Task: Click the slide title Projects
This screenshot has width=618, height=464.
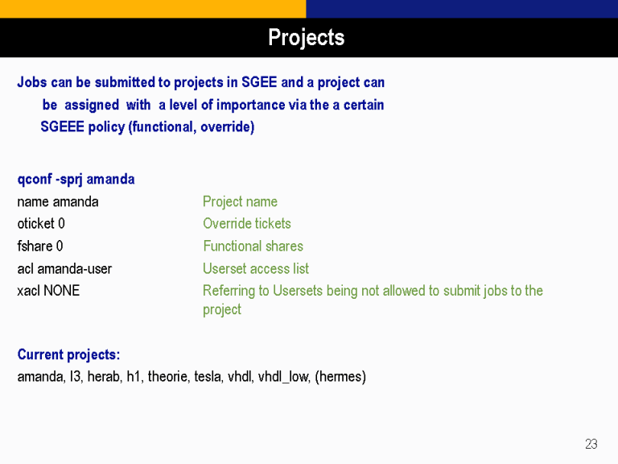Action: click(307, 38)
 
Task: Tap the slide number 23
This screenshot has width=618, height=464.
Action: click(591, 444)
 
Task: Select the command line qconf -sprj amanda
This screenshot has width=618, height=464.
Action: click(76, 180)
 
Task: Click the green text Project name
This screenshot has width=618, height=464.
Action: click(240, 201)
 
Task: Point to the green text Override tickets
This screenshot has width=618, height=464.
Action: click(247, 224)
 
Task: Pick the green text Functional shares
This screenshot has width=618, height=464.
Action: click(253, 246)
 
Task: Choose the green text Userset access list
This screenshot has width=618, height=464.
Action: click(256, 269)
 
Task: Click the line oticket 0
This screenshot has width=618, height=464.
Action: click(41, 224)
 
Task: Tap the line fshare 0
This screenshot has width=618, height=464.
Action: click(40, 246)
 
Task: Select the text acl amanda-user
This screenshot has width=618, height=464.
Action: click(64, 269)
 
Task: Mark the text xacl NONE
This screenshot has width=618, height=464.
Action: click(48, 291)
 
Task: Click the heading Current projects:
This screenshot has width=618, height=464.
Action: click(68, 354)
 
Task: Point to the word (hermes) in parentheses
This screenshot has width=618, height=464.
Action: click(340, 377)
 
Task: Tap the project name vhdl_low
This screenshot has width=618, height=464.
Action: click(283, 377)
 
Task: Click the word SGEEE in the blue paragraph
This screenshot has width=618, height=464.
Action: click(62, 127)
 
